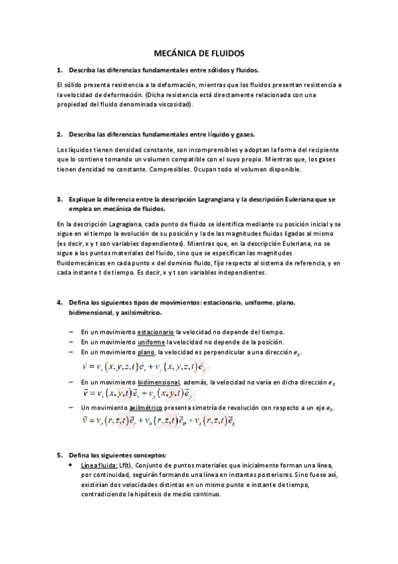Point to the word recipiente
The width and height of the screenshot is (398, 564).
pyautogui.click(x=321, y=151)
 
